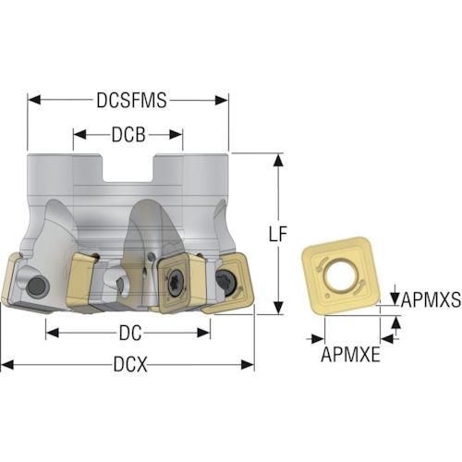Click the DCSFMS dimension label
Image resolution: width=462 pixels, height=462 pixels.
point(131,100)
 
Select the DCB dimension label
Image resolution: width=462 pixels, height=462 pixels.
point(128,135)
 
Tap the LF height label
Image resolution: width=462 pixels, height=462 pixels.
point(278,234)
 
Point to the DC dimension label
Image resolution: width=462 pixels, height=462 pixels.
point(130,333)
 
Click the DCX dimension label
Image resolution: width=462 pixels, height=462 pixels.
point(130,364)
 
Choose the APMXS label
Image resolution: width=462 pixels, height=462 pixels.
point(431,299)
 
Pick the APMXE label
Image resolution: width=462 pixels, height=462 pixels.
point(350,355)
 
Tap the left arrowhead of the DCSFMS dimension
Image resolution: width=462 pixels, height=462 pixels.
point(34,100)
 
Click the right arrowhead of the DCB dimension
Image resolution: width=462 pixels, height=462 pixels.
point(176,135)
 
